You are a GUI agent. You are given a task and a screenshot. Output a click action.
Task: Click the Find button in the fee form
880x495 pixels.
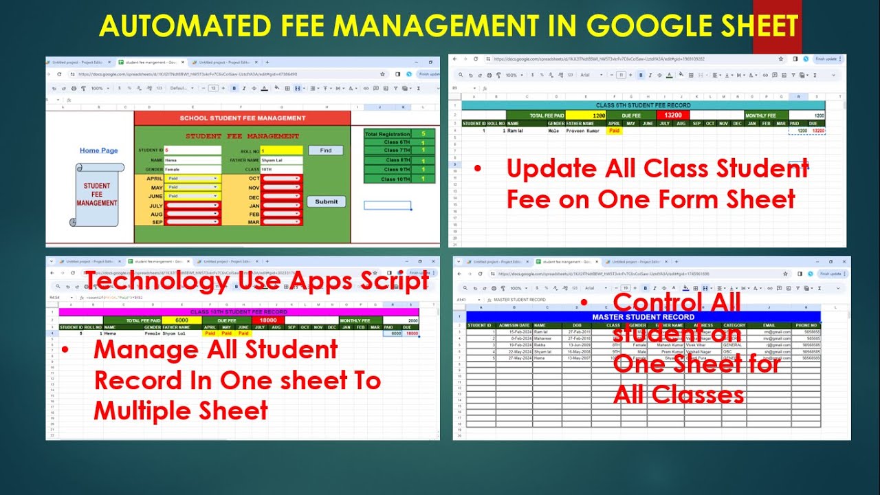coord(325,150)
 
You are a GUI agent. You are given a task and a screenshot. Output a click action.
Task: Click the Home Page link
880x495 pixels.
coord(98,151)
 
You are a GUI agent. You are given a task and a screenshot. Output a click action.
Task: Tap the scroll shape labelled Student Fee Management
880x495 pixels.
coord(97,195)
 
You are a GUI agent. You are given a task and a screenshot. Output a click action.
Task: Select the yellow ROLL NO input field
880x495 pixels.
coord(281,150)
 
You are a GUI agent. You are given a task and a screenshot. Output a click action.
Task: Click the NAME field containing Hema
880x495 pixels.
coord(193,160)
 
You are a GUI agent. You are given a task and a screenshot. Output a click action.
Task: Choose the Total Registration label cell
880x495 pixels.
coord(387,134)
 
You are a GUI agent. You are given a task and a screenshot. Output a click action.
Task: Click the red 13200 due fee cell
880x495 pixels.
coord(672,115)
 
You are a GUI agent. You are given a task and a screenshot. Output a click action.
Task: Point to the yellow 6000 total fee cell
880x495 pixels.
coord(182,320)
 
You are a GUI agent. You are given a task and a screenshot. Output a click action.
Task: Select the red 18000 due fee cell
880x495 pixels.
coord(268,320)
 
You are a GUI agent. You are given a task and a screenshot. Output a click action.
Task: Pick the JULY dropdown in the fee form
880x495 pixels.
coord(193,205)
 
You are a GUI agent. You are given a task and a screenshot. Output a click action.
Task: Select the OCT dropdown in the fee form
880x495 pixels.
coord(282,178)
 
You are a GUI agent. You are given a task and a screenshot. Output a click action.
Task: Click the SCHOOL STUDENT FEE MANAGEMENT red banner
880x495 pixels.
coord(242,118)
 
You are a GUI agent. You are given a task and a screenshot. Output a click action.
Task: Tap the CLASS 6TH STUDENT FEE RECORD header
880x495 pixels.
coord(643,105)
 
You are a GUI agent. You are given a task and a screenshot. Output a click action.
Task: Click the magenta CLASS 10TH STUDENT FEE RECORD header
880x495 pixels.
coord(239,311)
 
